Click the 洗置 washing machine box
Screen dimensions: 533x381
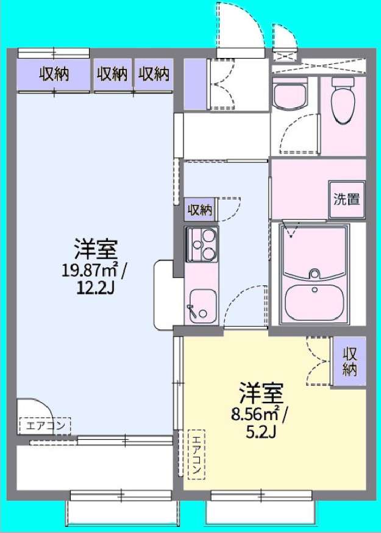tap(346, 199)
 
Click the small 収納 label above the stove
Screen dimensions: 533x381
tap(199, 210)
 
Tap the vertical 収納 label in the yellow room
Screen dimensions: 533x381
tap(349, 362)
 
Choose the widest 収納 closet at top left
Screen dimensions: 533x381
tap(54, 74)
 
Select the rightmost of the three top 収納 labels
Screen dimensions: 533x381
tap(153, 74)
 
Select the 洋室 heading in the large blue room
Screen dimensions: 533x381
tap(96, 249)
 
